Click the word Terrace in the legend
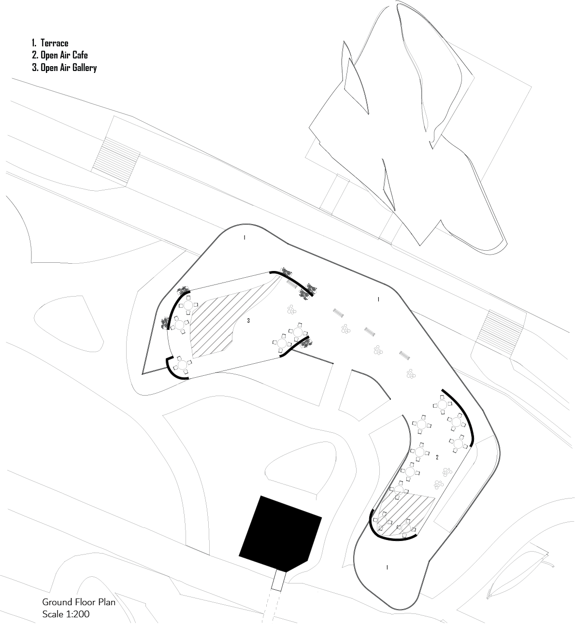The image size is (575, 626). click(x=54, y=43)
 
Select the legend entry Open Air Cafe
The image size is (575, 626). click(x=60, y=56)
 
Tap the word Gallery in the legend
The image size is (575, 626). click(x=85, y=68)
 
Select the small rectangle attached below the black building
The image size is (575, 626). click(x=278, y=580)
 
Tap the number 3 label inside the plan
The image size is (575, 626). click(x=248, y=321)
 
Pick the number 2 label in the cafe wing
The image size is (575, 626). click(x=437, y=457)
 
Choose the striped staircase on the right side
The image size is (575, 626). click(x=503, y=333)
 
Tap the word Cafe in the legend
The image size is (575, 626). click(x=80, y=56)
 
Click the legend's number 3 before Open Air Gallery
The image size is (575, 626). click(x=35, y=68)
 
